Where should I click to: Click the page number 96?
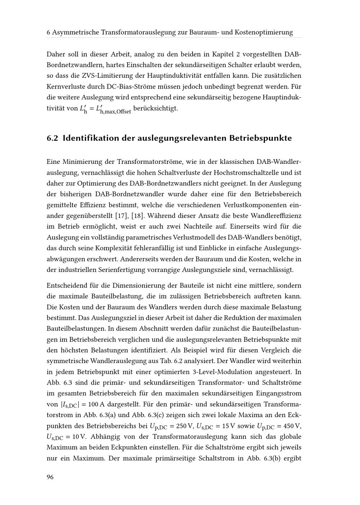click(x=50, y=477)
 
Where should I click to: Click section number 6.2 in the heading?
click(x=53, y=138)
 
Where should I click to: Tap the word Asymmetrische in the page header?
click(x=75, y=32)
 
